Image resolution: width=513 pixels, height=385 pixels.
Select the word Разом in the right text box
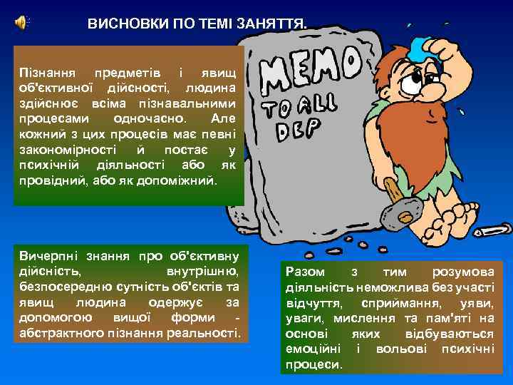point(304,272)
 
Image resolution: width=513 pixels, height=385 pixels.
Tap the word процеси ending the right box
point(313,364)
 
